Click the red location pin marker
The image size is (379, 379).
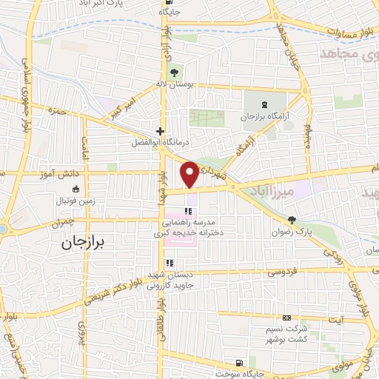(190, 175)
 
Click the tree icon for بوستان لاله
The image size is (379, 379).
(174, 72)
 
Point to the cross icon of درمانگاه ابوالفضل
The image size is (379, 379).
(160, 130)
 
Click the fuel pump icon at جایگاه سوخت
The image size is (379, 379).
(238, 363)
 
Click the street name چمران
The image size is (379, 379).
(65, 221)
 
